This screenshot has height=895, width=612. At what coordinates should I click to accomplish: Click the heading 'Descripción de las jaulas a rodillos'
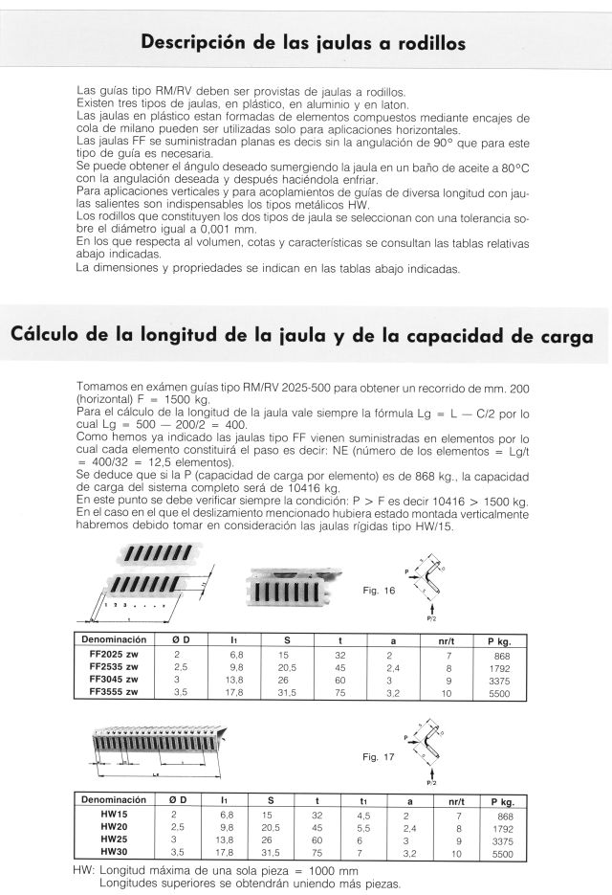click(303, 43)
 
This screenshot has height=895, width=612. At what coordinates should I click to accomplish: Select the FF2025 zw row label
click(114, 653)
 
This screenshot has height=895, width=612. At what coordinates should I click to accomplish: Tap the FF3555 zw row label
click(114, 690)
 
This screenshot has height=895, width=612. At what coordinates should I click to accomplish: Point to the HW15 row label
click(114, 815)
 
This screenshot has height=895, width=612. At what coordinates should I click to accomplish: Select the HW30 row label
click(114, 852)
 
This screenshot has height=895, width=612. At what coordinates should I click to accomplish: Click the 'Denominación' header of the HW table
click(114, 801)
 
